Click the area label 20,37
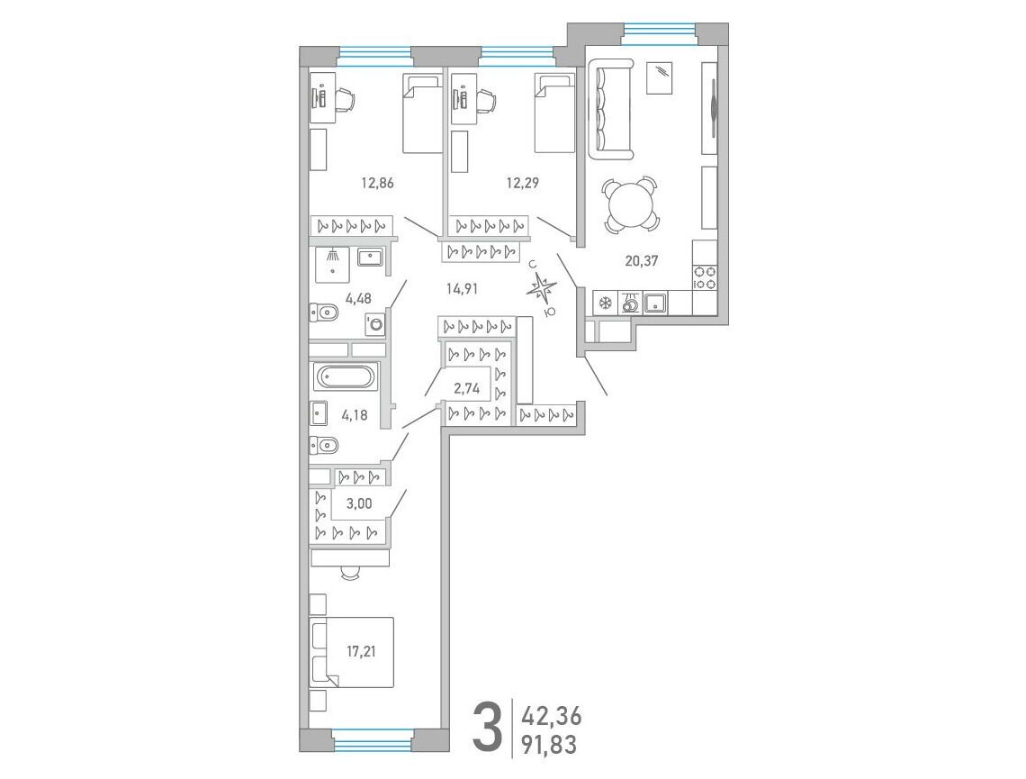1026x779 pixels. pos(641,260)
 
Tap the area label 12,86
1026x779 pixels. pos(378,183)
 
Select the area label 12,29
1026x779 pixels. pos(522,183)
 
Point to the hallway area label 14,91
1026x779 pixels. pos(462,288)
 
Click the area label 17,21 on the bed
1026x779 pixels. pos(361,651)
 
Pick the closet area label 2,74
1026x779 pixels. pos(467,388)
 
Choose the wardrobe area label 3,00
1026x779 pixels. pos(359,503)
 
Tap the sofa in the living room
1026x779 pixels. pos(611,109)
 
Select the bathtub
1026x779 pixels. pos(345,377)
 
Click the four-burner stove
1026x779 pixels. pos(705,276)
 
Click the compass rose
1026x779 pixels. pos(542,288)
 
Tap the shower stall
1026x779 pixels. pos(333,265)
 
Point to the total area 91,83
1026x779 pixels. pos(549,745)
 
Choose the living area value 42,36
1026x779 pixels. pos(551,715)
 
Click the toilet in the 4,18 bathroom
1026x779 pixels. pos(324,445)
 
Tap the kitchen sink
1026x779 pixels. pos(655,303)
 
